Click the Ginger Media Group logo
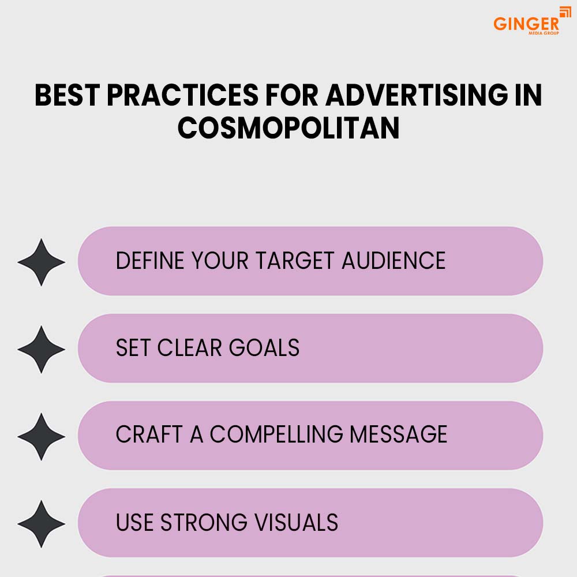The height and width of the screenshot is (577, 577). coord(532,21)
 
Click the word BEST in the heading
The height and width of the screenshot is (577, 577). coord(68,95)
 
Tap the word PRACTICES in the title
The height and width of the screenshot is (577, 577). coord(182,95)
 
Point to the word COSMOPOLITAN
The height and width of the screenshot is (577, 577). coord(288,128)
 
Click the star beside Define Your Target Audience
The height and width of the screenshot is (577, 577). coord(41,262)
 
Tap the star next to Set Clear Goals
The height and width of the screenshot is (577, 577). coord(41,349)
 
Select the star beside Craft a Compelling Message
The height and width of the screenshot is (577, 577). coord(41,436)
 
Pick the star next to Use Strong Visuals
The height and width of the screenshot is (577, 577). coord(41,524)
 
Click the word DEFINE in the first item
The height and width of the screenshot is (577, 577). coord(150,261)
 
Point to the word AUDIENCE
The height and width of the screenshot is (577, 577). coord(394,261)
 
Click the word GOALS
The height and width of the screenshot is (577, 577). coord(264,347)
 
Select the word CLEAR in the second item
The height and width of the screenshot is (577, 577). coord(189,347)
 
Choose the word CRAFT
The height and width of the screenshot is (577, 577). coord(149,434)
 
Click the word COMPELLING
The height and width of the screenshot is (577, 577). coord(276,434)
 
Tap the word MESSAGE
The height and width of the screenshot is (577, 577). coord(399,434)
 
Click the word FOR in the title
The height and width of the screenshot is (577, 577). coord(292,95)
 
